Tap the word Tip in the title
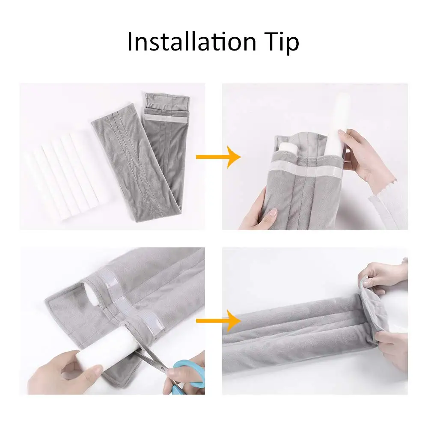pos(280,43)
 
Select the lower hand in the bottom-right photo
pos(392,349)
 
